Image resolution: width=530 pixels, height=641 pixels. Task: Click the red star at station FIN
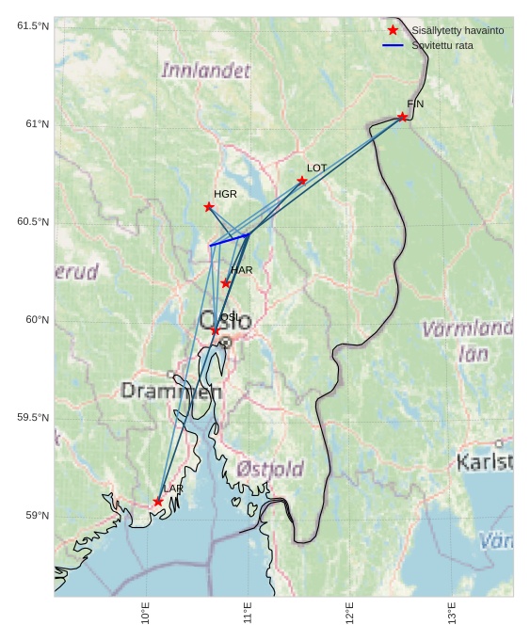pos(402,117)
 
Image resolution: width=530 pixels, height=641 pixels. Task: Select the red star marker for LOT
pos(302,181)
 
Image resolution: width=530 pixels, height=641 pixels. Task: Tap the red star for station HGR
pos(209,207)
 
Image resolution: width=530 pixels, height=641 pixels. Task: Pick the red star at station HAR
pos(226,283)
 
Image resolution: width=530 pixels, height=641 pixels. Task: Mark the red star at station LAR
pos(158,502)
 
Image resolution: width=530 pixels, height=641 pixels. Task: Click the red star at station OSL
pos(216,330)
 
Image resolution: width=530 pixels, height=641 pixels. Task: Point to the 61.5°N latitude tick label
pos(33,25)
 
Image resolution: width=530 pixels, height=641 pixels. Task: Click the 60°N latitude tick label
pos(37,320)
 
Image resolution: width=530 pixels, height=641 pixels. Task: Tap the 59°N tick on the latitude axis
pos(37,516)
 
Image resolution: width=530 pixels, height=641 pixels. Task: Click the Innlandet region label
pos(206,71)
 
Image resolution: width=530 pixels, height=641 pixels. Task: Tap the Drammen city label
pos(171,391)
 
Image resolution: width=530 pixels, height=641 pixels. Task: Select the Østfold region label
pos(270,469)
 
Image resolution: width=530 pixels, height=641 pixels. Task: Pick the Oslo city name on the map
pos(226,320)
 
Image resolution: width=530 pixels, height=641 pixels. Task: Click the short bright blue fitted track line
pos(229,240)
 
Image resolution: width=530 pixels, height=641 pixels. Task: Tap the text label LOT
pos(316,168)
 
